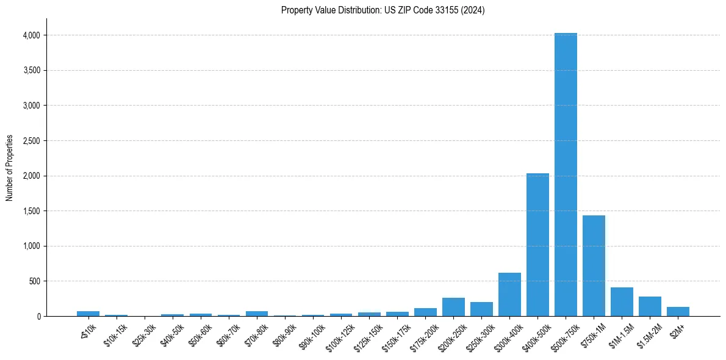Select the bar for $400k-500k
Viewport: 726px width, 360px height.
point(537,245)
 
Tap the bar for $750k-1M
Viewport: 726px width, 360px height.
point(594,265)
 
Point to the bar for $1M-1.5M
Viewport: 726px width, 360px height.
point(622,301)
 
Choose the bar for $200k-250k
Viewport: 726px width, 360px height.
point(453,307)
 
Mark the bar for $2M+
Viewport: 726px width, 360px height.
point(678,311)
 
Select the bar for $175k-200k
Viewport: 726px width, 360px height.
point(425,312)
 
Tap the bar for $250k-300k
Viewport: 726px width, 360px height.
point(481,309)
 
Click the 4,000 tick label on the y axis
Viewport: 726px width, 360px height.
point(30,35)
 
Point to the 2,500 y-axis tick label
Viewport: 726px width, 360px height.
point(30,141)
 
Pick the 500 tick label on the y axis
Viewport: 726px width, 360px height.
point(34,281)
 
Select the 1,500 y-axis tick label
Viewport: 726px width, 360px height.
point(30,211)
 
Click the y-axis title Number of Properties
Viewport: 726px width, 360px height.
point(10,168)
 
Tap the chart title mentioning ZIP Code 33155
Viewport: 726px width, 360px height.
point(383,10)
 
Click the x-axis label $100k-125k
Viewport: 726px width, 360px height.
point(339,337)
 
